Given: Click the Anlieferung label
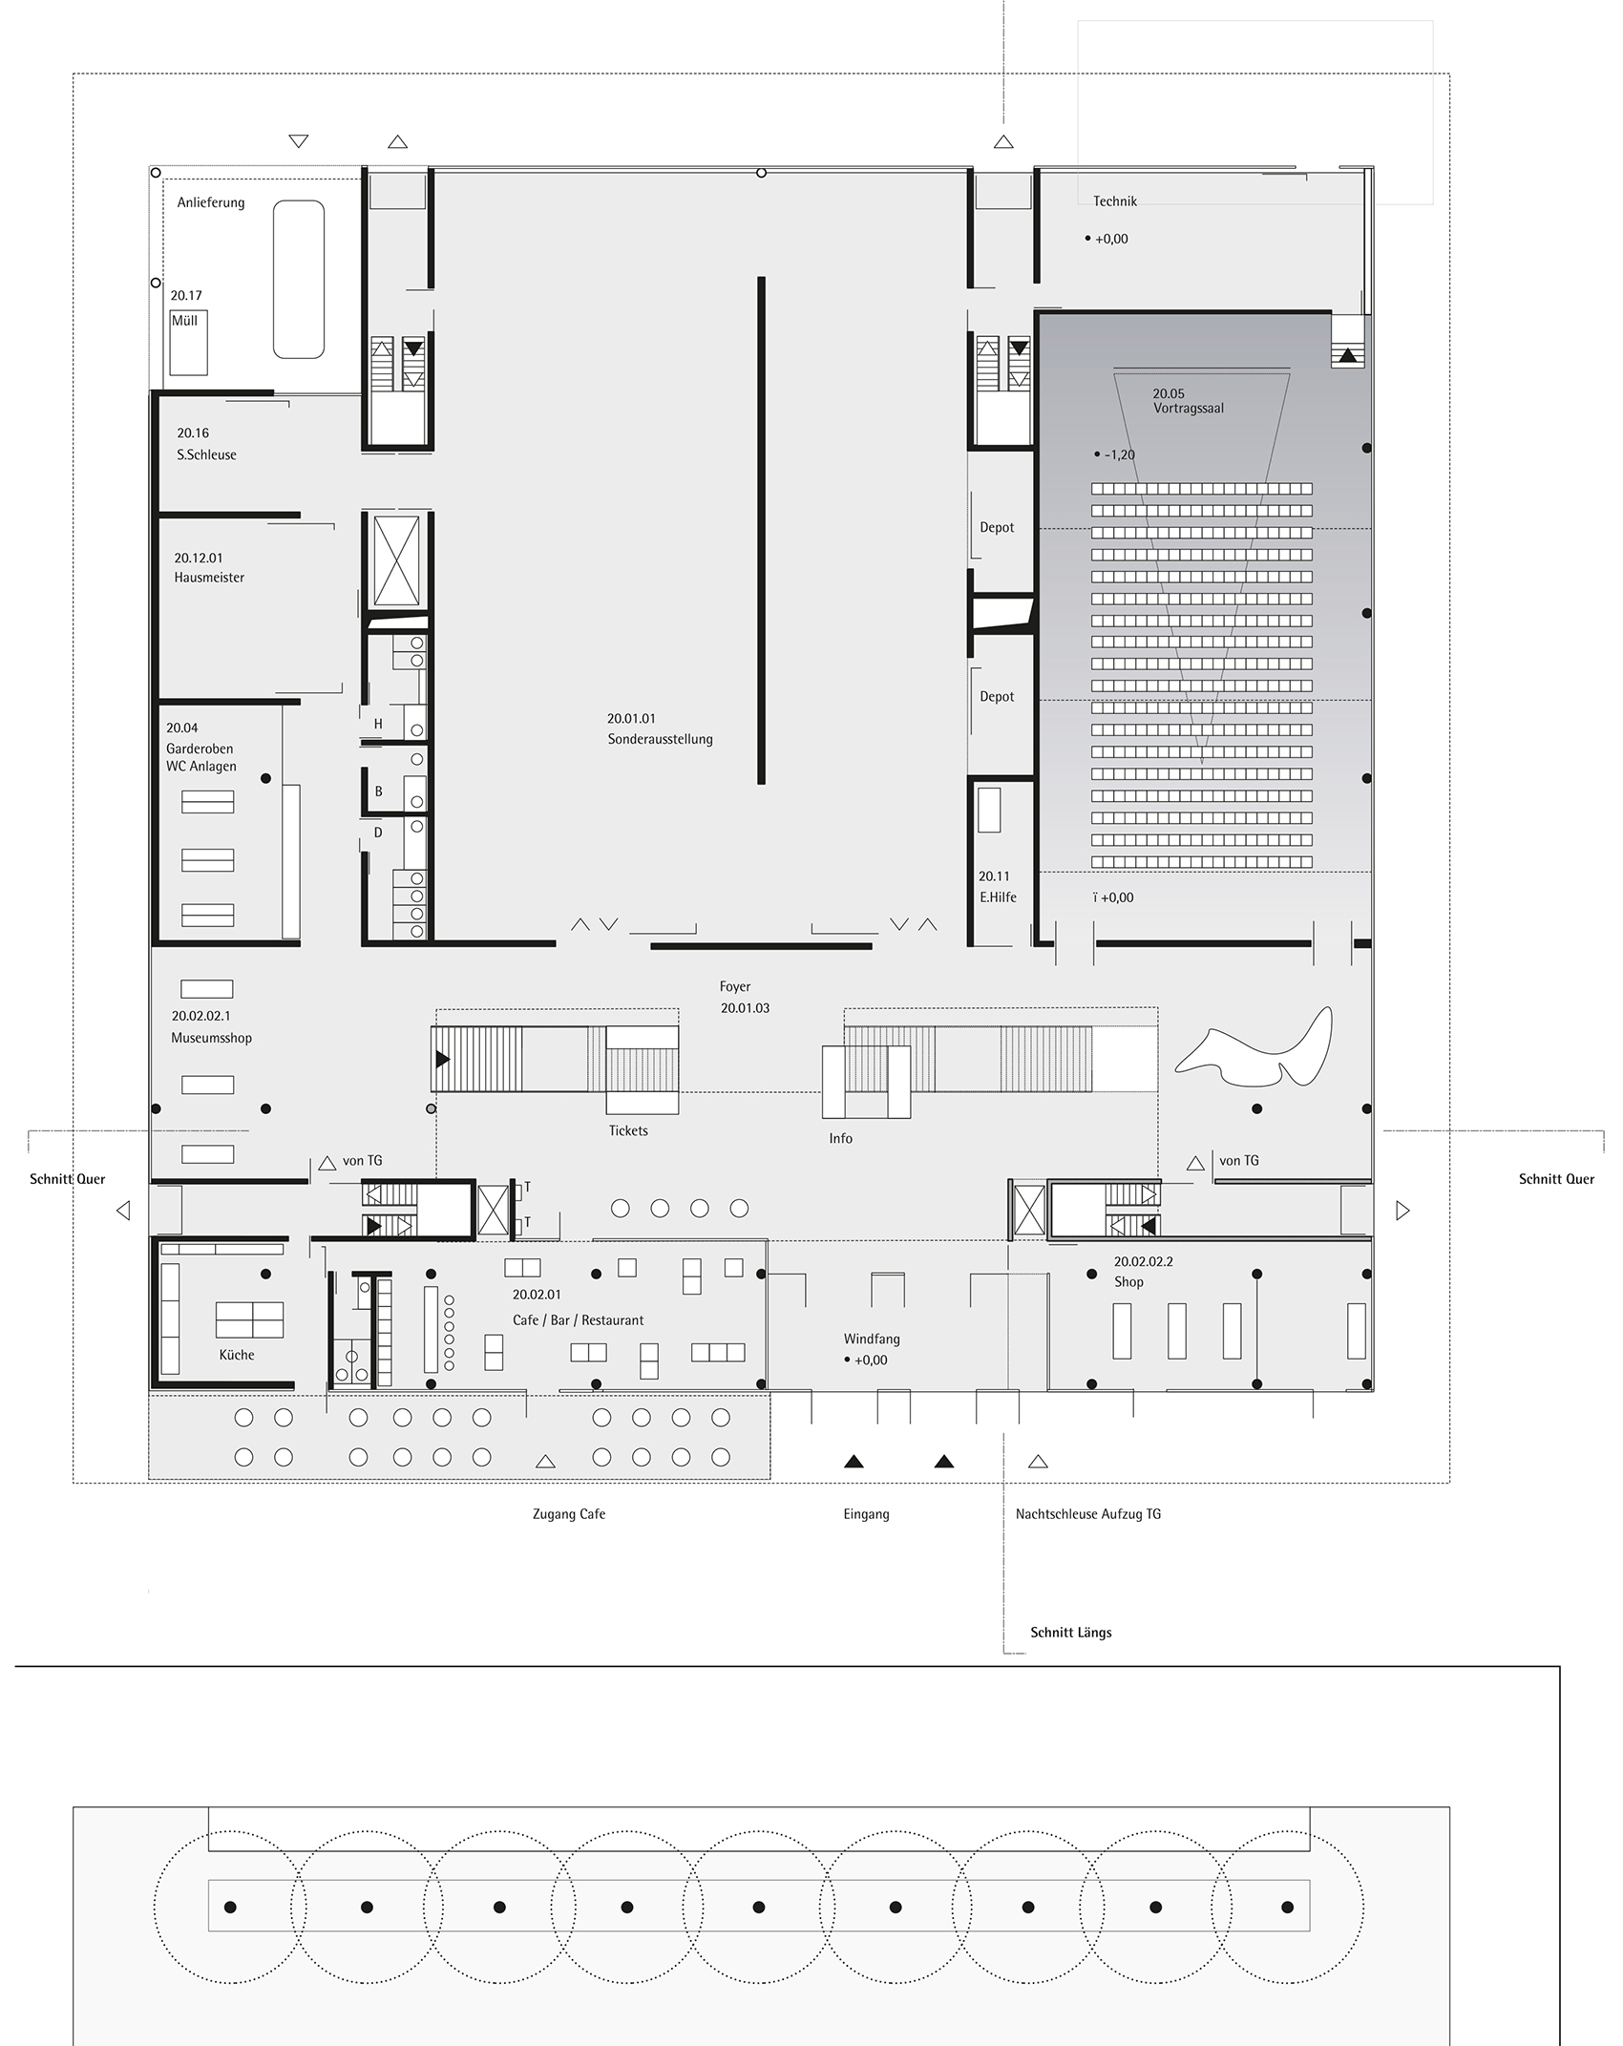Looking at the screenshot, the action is (x=211, y=202).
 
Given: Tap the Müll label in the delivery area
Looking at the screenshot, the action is (x=184, y=321).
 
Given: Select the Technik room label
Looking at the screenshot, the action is (x=1115, y=201).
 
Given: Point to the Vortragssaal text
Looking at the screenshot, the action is (x=1189, y=409).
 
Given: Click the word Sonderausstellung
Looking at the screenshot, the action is (x=661, y=740).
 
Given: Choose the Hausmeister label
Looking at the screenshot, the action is (x=209, y=578).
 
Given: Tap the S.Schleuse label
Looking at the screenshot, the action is (x=206, y=455).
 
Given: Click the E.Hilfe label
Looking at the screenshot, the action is (x=998, y=897).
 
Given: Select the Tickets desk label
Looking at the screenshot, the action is (x=628, y=1131).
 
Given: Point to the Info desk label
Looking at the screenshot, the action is (x=841, y=1139).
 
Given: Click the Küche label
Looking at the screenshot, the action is (x=237, y=1355).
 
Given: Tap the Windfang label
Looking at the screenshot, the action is (x=872, y=1339).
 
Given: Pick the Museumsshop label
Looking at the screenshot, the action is (x=212, y=1039).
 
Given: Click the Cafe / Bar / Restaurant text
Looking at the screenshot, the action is (x=579, y=1320).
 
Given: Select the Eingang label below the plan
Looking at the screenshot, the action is (x=867, y=1514).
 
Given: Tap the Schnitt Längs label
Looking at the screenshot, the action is (x=1071, y=1633).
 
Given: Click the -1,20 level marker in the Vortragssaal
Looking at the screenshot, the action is (x=1119, y=455).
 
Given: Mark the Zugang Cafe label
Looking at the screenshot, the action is (x=569, y=1514).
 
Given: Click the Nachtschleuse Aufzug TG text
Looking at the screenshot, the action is (x=1088, y=1514).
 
